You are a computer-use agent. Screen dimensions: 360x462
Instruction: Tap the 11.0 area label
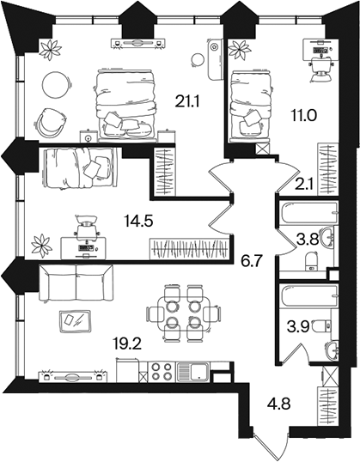tap(303, 116)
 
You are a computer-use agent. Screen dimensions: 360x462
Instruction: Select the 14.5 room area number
tap(138, 221)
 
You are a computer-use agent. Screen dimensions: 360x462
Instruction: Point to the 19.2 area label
tap(127, 343)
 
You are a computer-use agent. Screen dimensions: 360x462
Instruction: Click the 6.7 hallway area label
tap(250, 261)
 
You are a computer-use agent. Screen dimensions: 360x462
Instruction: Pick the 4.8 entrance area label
tap(278, 404)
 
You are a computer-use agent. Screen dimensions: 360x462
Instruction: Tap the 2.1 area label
tap(304, 185)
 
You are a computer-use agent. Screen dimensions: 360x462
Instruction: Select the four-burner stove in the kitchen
tap(161, 372)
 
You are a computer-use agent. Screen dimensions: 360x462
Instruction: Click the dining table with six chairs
tap(183, 313)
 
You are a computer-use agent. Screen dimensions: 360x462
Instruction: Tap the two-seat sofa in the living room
tap(76, 283)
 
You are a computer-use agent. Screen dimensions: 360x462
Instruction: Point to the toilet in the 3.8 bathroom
tap(312, 261)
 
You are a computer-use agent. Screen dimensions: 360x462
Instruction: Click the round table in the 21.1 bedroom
tap(58, 85)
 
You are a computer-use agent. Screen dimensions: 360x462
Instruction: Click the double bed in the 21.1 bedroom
tap(125, 104)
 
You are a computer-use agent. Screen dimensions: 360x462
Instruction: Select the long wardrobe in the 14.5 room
tap(189, 249)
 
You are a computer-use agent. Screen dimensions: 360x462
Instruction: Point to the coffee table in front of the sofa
tap(75, 321)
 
